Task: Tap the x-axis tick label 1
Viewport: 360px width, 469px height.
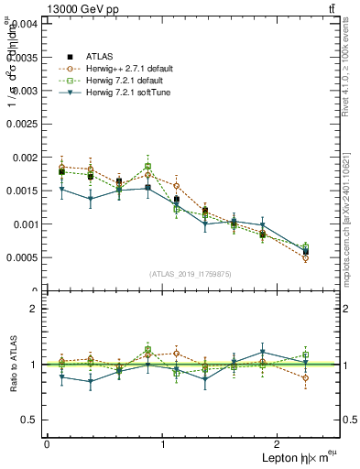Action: point(163,444)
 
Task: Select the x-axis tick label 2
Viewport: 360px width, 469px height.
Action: point(281,444)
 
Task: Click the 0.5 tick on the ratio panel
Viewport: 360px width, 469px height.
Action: point(32,420)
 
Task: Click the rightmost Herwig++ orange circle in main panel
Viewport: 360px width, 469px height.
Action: point(305,258)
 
